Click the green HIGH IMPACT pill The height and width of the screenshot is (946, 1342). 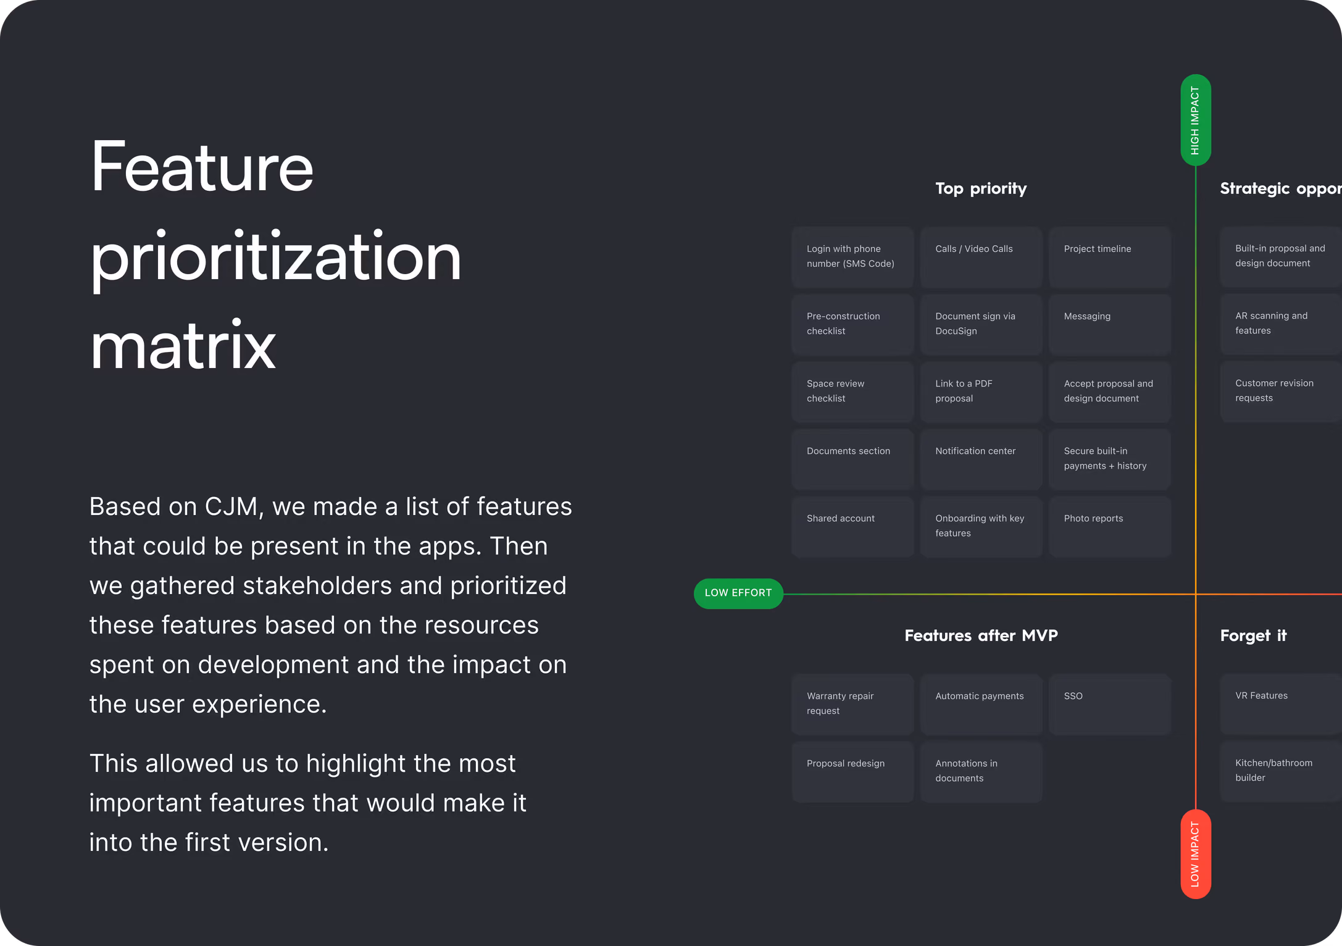click(x=1195, y=120)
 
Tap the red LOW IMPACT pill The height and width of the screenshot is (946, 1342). click(x=1195, y=854)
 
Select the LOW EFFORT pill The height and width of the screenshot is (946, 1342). click(x=738, y=593)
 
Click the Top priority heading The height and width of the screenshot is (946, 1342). click(x=981, y=188)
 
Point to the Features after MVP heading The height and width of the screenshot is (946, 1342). click(x=981, y=635)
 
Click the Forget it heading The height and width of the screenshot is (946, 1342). click(x=1253, y=635)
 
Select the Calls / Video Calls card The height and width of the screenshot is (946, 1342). click(x=981, y=257)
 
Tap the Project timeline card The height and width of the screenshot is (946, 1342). click(x=1110, y=257)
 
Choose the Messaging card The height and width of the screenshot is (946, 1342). click(x=1110, y=324)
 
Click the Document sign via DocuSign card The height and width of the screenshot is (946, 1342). click(x=981, y=324)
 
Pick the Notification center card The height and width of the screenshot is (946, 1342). click(x=981, y=459)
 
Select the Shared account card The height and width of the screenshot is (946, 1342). click(x=852, y=527)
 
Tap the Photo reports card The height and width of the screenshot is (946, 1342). click(x=1110, y=527)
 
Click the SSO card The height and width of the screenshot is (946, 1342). click(x=1110, y=704)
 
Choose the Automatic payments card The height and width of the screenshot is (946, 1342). click(x=981, y=704)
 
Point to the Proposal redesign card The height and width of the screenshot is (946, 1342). click(x=852, y=772)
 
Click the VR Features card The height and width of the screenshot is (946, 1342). click(x=1281, y=704)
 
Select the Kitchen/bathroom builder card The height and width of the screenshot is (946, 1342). click(x=1281, y=772)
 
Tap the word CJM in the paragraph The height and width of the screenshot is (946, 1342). click(x=230, y=506)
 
